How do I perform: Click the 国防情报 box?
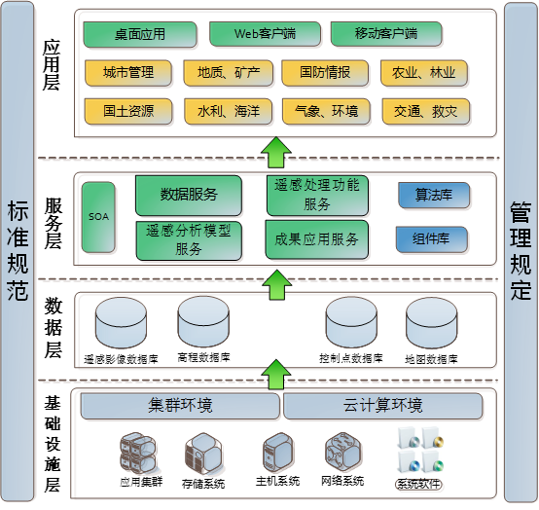point(324,72)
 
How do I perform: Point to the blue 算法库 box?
point(433,195)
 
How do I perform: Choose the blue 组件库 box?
point(432,239)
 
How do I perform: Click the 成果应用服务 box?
point(317,238)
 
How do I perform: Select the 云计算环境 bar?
point(382,405)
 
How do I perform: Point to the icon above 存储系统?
point(202,454)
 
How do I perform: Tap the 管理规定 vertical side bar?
point(521,250)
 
